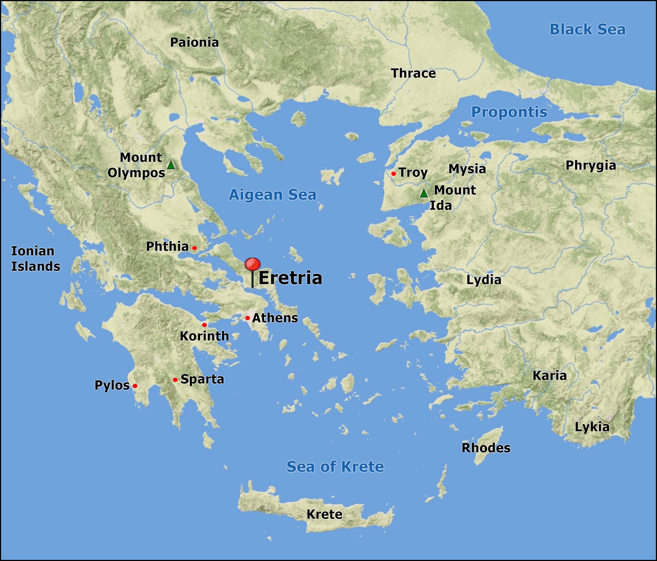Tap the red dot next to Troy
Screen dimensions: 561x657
[394, 174]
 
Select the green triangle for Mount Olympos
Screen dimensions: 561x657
[171, 165]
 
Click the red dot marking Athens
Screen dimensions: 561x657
[247, 318]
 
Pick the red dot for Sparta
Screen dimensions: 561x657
[175, 380]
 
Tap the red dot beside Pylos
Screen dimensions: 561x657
[135, 386]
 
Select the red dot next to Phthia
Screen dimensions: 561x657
[194, 248]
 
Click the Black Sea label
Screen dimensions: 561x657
[587, 30]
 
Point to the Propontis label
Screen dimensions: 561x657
[509, 112]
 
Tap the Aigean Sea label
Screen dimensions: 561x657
[273, 195]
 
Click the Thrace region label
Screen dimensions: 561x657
[413, 73]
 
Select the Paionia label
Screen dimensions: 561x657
[194, 42]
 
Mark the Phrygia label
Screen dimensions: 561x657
[591, 166]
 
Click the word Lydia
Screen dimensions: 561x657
[484, 280]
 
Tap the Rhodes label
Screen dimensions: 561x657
[486, 448]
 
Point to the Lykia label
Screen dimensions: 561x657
[592, 427]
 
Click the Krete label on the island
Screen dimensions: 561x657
[324, 514]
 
